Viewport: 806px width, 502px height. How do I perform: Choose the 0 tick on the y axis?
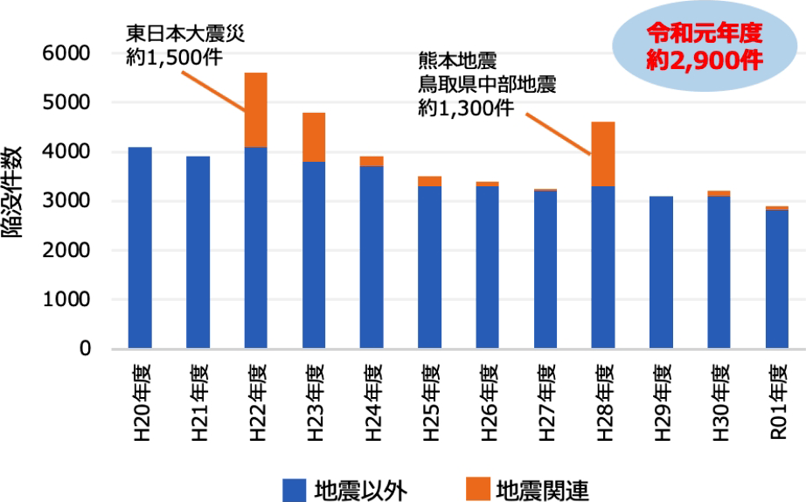[x=86, y=349]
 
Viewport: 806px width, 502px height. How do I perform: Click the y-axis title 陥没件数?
[x=20, y=201]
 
